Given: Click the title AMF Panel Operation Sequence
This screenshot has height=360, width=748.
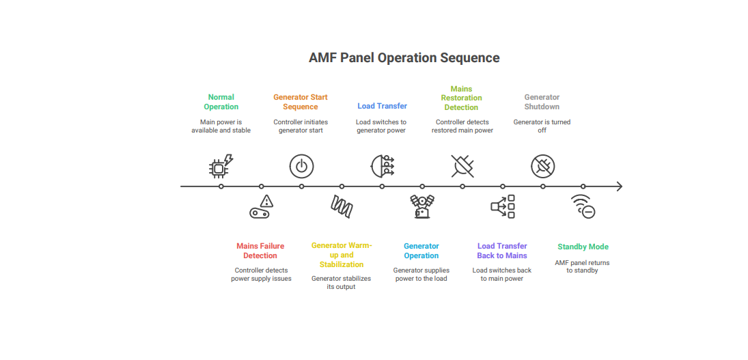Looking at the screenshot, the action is click(404, 57).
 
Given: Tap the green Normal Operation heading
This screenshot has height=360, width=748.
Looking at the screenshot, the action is click(221, 102).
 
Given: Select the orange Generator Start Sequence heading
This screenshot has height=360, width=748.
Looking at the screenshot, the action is click(301, 102).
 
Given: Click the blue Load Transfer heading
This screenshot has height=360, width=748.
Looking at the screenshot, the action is click(382, 106).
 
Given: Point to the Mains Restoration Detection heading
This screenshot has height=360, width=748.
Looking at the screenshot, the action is click(461, 98).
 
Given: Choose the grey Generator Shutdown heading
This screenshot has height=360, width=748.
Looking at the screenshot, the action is click(542, 102).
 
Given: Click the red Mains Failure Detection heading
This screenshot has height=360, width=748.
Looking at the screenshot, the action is click(260, 251).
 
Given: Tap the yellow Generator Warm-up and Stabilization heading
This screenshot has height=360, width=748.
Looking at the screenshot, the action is click(342, 255).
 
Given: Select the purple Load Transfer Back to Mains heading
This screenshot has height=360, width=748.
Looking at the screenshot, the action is click(502, 251).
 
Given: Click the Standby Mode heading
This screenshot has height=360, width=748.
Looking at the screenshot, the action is click(583, 247).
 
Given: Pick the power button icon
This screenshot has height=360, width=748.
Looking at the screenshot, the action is click(301, 167).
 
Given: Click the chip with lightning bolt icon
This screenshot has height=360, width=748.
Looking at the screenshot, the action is click(221, 166).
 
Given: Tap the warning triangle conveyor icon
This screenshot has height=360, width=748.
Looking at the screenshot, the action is click(262, 206).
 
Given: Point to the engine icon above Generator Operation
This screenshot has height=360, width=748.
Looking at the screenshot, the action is click(422, 206).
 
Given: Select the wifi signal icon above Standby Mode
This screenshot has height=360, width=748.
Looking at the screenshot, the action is click(583, 206).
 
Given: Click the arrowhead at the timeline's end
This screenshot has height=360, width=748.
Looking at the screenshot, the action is click(619, 186).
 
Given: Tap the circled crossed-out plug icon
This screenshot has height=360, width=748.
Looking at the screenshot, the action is click(543, 167).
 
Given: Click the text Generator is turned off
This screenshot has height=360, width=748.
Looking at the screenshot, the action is click(542, 126).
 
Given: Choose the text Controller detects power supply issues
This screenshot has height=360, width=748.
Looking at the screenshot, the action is click(261, 274).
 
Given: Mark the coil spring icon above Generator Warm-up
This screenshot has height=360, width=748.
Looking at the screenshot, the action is click(342, 206).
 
